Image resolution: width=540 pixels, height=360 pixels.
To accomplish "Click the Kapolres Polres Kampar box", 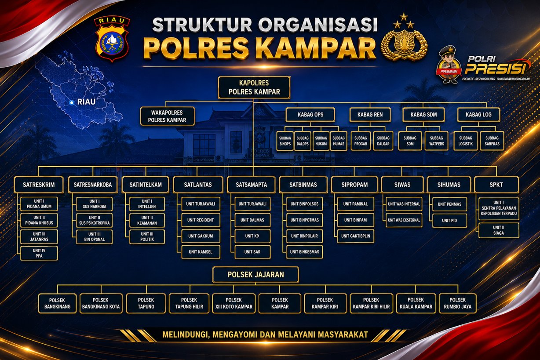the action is click(254, 87).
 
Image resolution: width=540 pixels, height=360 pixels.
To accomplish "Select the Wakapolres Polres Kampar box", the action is click(168, 116).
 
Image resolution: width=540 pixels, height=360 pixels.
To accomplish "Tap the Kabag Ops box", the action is click(310, 115).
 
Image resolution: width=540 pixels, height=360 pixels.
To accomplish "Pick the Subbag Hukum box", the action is click(321, 141).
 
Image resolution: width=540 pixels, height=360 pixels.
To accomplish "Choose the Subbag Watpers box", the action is click(436, 141).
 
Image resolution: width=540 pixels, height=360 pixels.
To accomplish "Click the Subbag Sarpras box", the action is click(492, 141).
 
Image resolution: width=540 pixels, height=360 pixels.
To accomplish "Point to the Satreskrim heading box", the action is click(39, 185).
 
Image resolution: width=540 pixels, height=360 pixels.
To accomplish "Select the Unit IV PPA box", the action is click(39, 253).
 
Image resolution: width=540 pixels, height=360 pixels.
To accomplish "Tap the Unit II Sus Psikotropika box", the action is click(94, 220).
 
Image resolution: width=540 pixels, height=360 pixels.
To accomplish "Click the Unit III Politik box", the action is click(147, 236).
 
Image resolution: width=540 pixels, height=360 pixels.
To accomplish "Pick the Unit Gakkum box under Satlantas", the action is click(201, 236).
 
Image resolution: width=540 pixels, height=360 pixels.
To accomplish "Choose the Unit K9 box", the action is click(252, 236).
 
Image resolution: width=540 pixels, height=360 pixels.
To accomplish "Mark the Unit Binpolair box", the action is click(304, 236).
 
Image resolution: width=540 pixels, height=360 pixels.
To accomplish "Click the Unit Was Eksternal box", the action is click(404, 220).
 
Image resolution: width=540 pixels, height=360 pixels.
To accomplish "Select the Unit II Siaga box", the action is click(499, 230).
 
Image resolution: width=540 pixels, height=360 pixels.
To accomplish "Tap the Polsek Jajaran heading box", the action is click(255, 274).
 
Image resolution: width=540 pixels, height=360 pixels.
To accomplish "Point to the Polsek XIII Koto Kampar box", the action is click(234, 303).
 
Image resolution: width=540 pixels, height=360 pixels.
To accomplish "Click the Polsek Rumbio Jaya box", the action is click(458, 303).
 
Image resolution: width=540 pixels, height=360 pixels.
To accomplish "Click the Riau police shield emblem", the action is click(112, 39).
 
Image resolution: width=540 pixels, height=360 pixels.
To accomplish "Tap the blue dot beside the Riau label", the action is click(72, 103).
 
